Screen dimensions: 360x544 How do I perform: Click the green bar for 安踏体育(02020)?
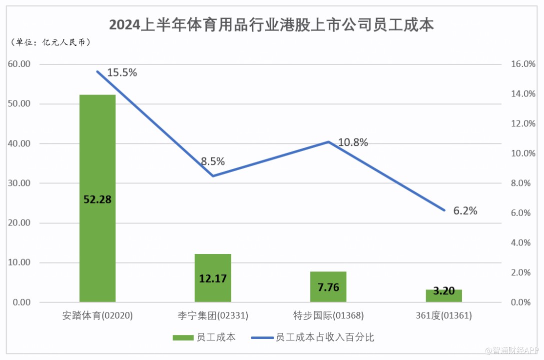tap(97, 150)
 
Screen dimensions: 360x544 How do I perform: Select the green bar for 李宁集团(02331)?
tap(213, 290)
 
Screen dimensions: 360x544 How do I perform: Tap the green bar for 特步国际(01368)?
tap(328, 295)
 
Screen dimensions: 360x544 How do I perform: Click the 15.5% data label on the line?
tap(122, 72)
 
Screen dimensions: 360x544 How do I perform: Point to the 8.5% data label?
tap(213, 161)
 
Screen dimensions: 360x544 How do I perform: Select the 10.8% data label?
tap(353, 142)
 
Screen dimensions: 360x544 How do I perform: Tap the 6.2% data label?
tap(465, 211)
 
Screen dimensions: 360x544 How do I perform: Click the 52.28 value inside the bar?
tap(97, 199)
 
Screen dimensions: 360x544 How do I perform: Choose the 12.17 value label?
tap(213, 278)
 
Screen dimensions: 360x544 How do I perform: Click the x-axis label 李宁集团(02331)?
tap(213, 316)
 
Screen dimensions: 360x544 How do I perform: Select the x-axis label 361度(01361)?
tap(444, 316)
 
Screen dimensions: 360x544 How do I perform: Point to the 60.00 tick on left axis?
tap(19, 64)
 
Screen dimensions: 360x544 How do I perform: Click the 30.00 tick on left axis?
tap(19, 183)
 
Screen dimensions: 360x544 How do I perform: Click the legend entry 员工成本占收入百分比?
tap(325, 337)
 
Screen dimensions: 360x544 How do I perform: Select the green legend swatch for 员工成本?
tap(182, 337)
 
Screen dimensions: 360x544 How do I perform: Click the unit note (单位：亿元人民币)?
tap(50, 42)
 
